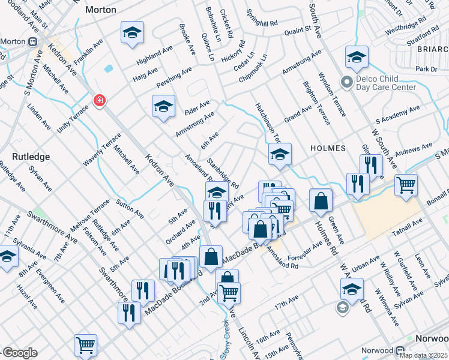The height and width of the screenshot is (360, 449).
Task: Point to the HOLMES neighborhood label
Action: pos(328,148)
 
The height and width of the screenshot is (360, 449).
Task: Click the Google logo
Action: pos(19,353)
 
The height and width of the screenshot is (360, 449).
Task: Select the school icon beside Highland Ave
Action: pos(132,32)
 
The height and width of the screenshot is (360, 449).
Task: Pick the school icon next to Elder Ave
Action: pos(163,107)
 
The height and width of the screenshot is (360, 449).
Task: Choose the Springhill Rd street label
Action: pos(265,17)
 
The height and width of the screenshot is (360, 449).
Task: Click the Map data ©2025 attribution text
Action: pos(423,355)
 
